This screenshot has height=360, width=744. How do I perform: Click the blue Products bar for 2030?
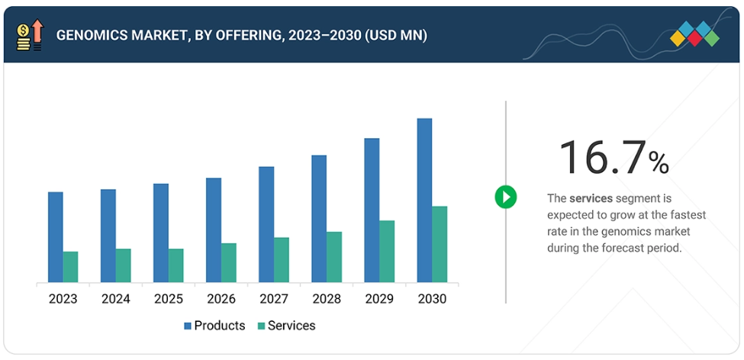click(424, 200)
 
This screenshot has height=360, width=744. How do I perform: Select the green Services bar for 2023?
click(71, 267)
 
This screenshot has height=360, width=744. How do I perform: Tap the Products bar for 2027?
click(266, 224)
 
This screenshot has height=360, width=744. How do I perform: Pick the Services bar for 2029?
click(387, 252)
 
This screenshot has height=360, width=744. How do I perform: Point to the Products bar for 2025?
click(161, 233)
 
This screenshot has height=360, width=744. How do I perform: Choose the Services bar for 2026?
click(229, 263)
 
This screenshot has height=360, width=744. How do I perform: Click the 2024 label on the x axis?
click(116, 299)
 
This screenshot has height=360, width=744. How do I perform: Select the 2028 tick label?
click(327, 299)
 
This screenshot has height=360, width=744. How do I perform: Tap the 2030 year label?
click(432, 299)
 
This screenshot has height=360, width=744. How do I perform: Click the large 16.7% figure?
click(614, 158)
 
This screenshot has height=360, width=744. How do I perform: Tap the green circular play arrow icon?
click(505, 197)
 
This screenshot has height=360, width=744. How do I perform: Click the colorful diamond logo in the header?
click(695, 34)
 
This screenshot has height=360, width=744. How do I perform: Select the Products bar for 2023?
click(56, 237)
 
